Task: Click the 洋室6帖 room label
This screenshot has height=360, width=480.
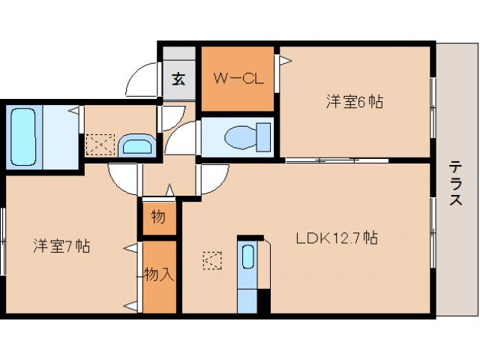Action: [354, 101]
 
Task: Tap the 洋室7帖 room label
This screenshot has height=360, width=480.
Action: [61, 245]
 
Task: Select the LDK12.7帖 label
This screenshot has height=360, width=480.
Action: [335, 239]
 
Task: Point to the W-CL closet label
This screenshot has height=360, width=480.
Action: [238, 79]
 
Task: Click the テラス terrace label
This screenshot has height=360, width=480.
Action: [455, 184]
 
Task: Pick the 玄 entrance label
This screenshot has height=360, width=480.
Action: [178, 79]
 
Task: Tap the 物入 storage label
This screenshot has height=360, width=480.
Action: [160, 274]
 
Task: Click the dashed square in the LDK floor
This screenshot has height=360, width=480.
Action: [212, 260]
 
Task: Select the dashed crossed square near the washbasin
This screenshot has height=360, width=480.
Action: [100, 143]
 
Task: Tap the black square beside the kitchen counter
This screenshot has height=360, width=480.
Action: [262, 300]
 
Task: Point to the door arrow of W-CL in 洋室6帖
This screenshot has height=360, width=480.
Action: [285, 60]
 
